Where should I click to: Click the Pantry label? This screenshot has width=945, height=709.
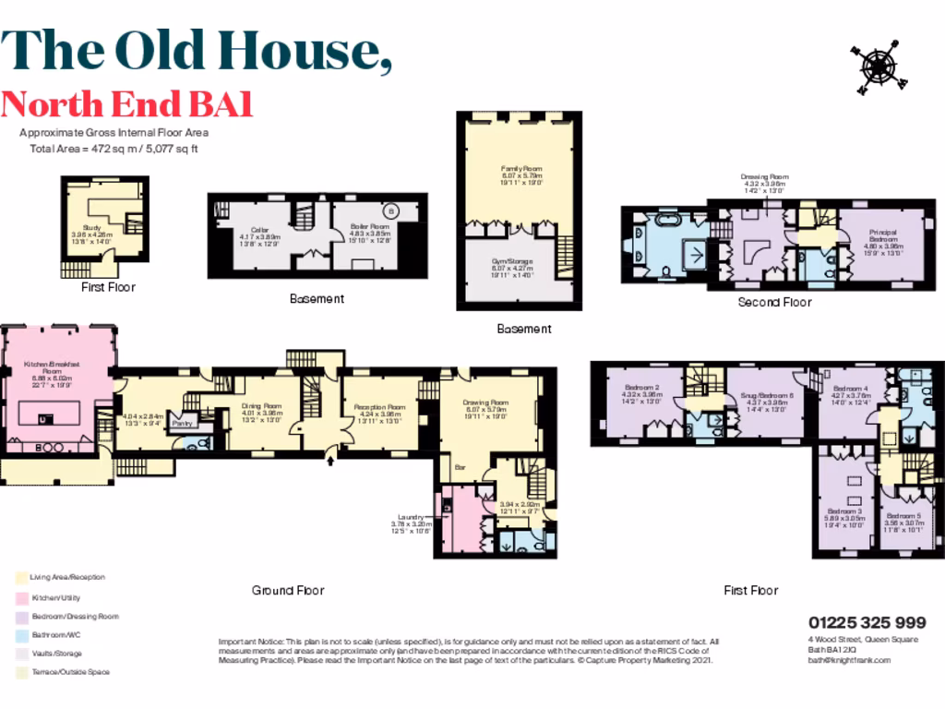[x=181, y=426]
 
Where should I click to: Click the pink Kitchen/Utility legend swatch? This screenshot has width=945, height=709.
[x=21, y=597]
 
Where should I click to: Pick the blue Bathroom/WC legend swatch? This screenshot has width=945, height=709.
[x=21, y=635]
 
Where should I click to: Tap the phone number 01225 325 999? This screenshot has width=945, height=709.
[x=867, y=622]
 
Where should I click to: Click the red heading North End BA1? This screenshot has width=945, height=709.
[x=126, y=104]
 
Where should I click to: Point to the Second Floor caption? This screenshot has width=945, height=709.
[x=774, y=302]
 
